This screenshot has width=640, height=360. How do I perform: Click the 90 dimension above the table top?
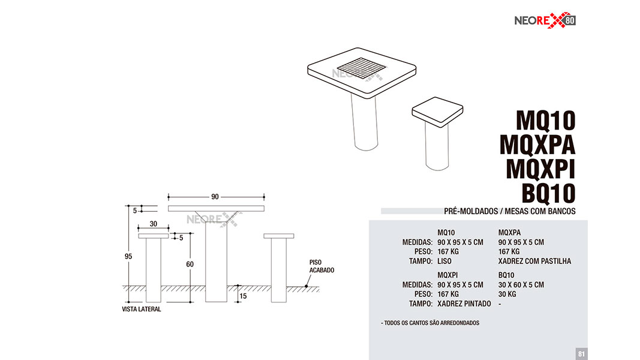pyautogui.click(x=215, y=197)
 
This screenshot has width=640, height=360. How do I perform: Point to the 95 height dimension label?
pyautogui.click(x=128, y=256)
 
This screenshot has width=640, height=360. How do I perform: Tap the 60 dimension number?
pyautogui.click(x=190, y=264)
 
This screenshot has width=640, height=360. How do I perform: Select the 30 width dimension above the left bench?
pyautogui.click(x=154, y=224)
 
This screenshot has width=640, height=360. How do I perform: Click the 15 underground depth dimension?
pyautogui.click(x=244, y=296)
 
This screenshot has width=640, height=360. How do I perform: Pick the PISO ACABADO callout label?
pyautogui.click(x=321, y=266)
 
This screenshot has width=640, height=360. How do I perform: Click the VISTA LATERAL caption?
pyautogui.click(x=141, y=309)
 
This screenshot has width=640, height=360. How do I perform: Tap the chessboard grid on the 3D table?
pyautogui.click(x=361, y=68)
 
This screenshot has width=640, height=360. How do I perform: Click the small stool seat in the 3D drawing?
pyautogui.click(x=437, y=112)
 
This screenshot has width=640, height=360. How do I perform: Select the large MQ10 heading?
pyautogui.click(x=546, y=121)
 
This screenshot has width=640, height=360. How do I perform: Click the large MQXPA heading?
pyautogui.click(x=537, y=145)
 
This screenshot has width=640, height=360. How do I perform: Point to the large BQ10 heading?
pyautogui.click(x=549, y=193)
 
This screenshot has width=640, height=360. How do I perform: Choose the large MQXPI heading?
pyautogui.click(x=540, y=169)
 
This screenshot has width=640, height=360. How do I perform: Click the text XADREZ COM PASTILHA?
pyautogui.click(x=534, y=261)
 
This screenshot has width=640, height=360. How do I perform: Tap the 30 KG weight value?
pyautogui.click(x=507, y=294)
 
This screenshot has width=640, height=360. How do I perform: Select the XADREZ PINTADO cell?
pyautogui.click(x=464, y=304)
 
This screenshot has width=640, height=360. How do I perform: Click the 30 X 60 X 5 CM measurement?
pyautogui.click(x=521, y=284)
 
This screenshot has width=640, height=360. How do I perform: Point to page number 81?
pyautogui.click(x=582, y=354)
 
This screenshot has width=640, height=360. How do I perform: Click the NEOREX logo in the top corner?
pyautogui.click(x=545, y=20)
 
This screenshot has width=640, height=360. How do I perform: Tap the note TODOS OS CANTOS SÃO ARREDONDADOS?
pyautogui.click(x=430, y=323)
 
